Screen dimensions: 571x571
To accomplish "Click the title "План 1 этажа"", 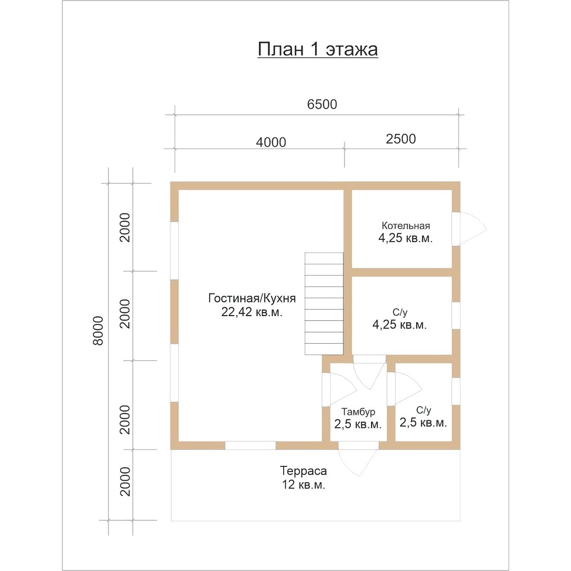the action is pos(318,50).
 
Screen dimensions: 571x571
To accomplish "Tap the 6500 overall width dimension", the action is pos(322,104).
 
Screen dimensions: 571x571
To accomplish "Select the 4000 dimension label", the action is pos(271,142).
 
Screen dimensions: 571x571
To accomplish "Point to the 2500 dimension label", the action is pos(401,139).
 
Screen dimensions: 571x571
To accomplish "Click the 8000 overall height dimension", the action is pos(98,330).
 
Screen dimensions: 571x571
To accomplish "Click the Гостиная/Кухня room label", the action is pos(252,298).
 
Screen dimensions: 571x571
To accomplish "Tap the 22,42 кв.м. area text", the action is pos(252,312).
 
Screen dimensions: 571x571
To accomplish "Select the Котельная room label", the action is pos(405,226).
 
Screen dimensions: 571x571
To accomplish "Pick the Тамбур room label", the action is pos(358,412).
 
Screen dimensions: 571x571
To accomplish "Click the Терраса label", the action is pos(303,471).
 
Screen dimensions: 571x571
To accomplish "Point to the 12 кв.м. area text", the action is pos(303,485).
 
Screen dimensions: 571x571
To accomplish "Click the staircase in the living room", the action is pos(324,303).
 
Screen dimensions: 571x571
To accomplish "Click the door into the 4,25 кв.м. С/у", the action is pos(369,372).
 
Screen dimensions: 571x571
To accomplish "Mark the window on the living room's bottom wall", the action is pos(250,445).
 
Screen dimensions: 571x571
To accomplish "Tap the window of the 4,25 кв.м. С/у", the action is pos(456,315).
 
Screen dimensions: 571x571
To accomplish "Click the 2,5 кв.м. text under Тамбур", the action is pos(358,424).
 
